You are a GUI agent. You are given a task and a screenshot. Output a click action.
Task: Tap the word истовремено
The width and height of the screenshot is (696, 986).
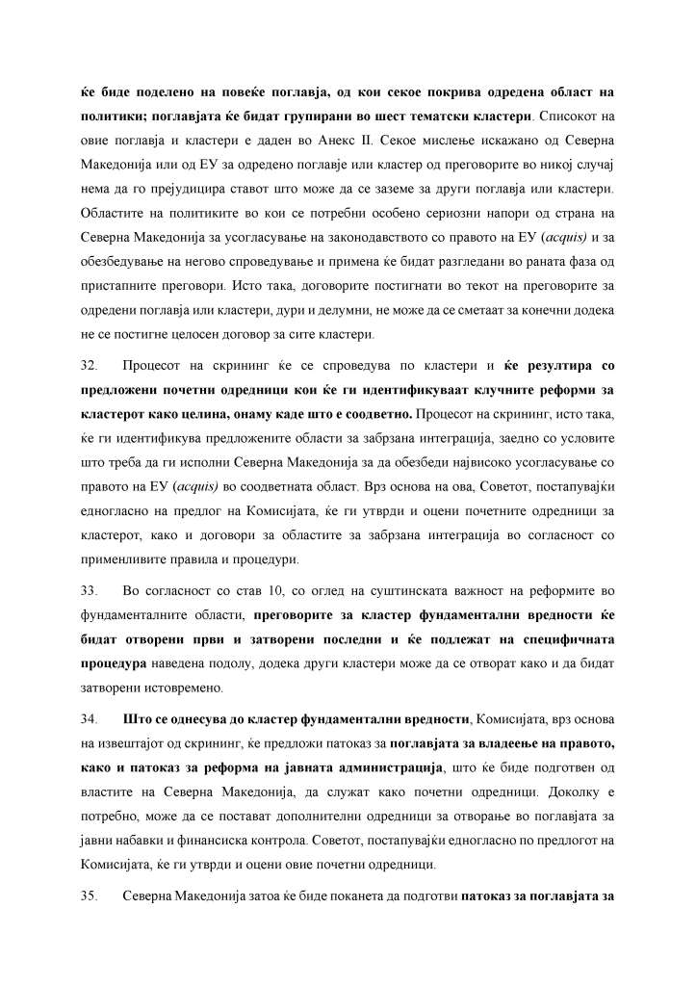[178, 688]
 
